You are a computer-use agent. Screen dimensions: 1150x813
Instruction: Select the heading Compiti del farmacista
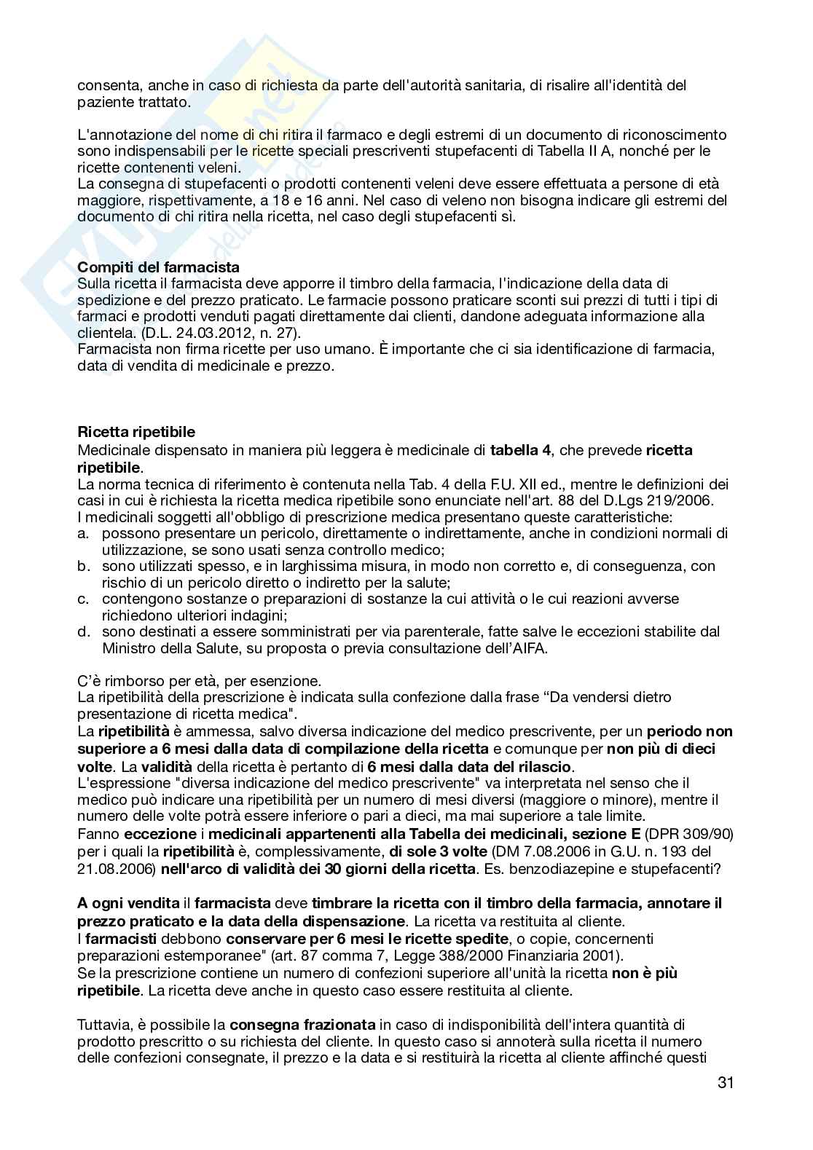[158, 267]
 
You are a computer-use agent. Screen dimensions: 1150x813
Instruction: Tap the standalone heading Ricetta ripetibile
[136, 433]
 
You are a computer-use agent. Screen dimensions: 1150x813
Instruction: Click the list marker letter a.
[82, 534]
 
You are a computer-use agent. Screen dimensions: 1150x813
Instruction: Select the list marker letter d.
[82, 632]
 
